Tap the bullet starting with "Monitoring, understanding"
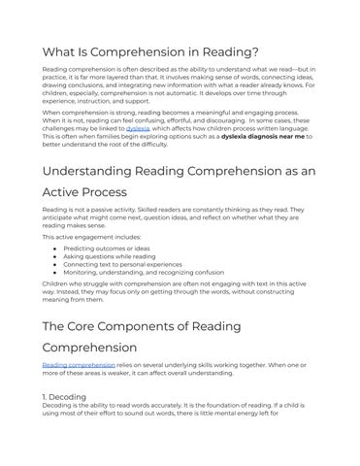click(147, 273)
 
